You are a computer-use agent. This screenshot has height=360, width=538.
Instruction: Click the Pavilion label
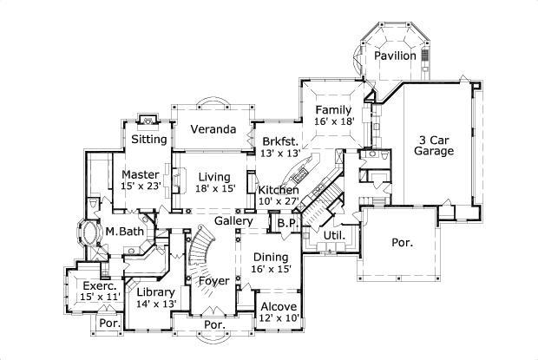(396, 56)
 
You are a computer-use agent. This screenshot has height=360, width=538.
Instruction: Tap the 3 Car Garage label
(435, 145)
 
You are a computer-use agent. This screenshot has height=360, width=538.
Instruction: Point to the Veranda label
(213, 130)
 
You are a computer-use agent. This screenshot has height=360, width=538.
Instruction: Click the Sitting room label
(149, 139)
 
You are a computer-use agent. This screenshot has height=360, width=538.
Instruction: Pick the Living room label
(213, 177)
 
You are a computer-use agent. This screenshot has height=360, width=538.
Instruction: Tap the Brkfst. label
(279, 141)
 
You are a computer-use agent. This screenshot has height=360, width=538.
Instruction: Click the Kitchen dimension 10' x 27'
(279, 202)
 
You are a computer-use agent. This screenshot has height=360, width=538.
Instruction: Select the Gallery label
(233, 222)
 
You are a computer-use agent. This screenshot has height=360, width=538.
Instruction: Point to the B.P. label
(286, 223)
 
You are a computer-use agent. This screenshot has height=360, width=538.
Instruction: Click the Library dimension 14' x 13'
(156, 304)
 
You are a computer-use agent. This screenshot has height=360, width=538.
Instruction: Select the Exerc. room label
(95, 285)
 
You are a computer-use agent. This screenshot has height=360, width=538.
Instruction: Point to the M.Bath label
(124, 231)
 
